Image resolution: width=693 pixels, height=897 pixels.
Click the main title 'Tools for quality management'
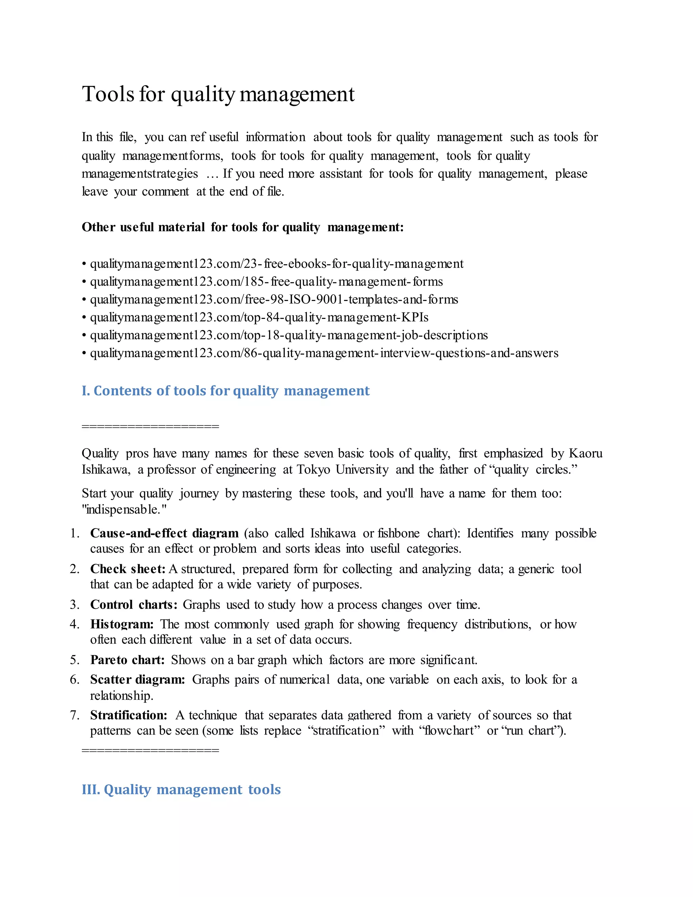[x=218, y=94]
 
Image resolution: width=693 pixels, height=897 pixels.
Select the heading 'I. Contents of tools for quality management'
[x=225, y=391]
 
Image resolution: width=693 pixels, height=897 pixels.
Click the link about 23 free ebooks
[x=277, y=264]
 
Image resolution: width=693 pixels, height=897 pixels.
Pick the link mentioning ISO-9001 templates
[x=274, y=300]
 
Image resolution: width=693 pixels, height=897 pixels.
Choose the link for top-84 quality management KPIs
[x=259, y=318]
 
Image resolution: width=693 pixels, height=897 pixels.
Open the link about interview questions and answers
[x=324, y=353]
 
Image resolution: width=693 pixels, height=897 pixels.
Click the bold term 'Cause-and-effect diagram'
[x=164, y=533]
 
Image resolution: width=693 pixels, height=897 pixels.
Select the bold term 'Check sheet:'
[x=128, y=569]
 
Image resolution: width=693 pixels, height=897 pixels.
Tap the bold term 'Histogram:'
[x=122, y=624]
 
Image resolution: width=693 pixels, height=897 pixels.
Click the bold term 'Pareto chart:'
[x=127, y=660]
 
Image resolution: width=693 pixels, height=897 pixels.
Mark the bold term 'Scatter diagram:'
[x=137, y=680]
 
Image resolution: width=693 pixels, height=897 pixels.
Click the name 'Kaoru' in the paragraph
[x=585, y=454]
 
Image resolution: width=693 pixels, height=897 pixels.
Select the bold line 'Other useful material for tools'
[x=243, y=227]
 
